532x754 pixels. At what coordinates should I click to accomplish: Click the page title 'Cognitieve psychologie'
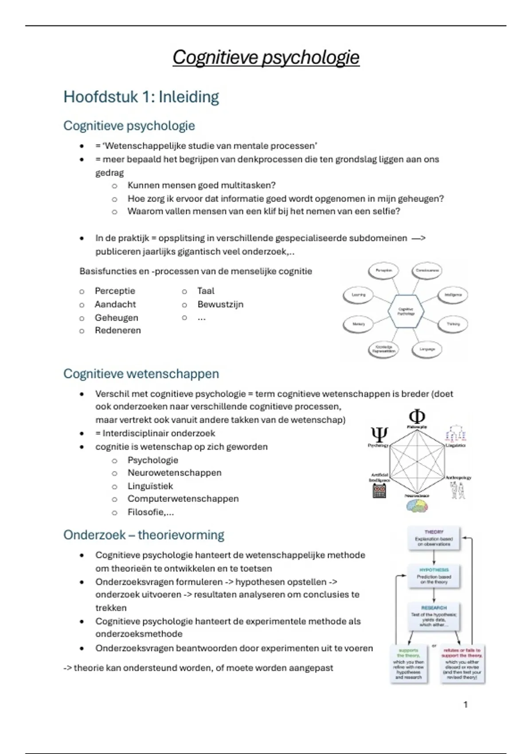266,57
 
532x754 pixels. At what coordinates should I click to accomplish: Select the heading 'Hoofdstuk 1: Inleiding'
141,97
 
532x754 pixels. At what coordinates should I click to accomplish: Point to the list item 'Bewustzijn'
220,304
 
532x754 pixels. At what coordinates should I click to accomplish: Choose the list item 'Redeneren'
117,330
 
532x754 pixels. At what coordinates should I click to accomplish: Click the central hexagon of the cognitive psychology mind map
406,311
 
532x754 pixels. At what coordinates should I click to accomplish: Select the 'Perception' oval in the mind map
384,271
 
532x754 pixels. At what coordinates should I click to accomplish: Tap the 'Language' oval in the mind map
427,349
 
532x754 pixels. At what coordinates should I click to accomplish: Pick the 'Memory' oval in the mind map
359,324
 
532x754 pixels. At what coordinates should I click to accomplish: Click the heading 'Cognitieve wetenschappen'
141,373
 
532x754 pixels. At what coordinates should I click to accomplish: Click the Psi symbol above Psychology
379,434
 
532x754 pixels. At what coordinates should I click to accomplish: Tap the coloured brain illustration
417,506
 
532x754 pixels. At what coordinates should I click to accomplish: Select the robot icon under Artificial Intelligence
379,491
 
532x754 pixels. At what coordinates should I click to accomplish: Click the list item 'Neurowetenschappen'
174,473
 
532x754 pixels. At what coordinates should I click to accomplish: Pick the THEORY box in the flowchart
434,538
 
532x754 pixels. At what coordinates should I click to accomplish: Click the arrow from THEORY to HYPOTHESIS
434,557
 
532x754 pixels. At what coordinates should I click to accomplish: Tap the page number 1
465,704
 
